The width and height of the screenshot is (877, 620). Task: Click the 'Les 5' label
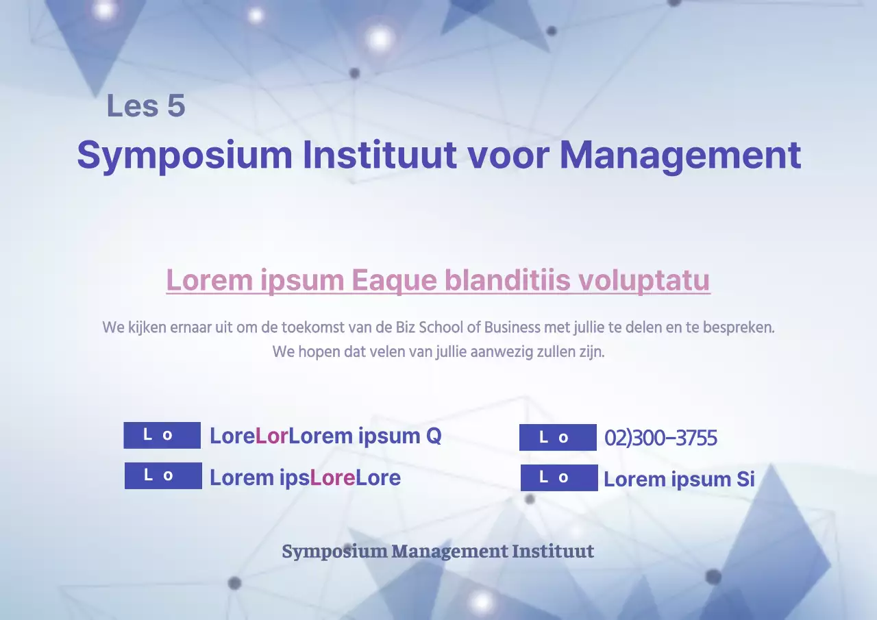point(146,106)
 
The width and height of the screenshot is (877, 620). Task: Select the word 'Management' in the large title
point(680,156)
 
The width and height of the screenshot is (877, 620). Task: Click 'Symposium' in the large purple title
point(184,156)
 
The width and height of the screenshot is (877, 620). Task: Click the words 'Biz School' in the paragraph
point(434,327)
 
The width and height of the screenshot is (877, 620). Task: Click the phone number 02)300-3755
point(660,438)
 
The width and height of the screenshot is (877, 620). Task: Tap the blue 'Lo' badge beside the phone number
point(558,438)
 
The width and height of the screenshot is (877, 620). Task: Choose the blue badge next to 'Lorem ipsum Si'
point(559,478)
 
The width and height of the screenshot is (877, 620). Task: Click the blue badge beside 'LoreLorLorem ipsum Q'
point(162,435)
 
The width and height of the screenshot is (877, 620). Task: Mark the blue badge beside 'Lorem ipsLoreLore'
point(163,475)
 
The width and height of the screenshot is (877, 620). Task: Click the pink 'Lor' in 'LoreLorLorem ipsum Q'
point(271,436)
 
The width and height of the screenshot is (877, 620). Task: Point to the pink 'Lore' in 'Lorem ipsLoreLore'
point(332,478)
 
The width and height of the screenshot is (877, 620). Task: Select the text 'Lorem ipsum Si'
point(678,479)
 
